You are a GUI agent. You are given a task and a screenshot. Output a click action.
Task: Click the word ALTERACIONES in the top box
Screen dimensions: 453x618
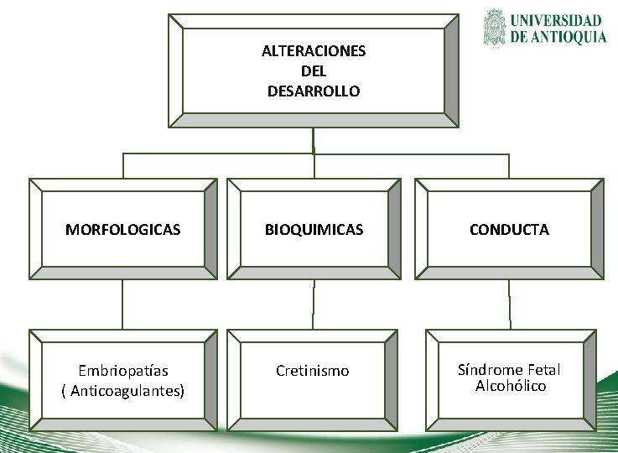tap(314, 51)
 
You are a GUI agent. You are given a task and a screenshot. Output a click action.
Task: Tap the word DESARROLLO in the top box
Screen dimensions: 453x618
tap(314, 91)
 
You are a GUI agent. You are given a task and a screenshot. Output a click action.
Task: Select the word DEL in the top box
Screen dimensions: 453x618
tap(314, 71)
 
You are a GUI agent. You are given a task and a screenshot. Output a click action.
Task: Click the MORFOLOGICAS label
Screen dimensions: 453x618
tap(122, 230)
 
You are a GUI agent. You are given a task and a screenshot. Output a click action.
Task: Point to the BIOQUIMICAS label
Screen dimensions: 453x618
tap(314, 230)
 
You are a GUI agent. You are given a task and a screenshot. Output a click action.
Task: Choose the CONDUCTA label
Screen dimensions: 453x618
tap(509, 230)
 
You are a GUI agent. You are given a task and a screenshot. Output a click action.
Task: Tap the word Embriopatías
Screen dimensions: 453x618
tap(123, 371)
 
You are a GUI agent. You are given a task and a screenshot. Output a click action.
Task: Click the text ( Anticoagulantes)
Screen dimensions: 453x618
tap(123, 391)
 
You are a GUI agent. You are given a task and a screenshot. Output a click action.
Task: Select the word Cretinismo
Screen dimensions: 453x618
tap(313, 371)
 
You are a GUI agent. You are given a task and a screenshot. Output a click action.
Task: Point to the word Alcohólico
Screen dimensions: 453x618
tap(511, 386)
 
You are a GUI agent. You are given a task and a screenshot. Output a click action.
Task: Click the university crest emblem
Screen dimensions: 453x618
tap(495, 29)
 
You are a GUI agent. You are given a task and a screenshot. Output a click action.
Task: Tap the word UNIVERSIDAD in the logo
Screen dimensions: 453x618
tap(558, 21)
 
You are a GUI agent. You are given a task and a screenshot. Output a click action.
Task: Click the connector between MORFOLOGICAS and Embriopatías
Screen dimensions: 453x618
tap(122, 305)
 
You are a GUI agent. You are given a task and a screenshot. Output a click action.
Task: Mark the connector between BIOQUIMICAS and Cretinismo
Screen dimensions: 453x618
tap(314, 305)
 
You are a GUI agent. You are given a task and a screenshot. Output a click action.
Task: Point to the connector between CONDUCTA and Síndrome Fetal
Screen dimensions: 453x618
tap(509, 305)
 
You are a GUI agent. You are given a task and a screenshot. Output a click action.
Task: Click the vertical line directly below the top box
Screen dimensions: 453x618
tap(313, 140)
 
